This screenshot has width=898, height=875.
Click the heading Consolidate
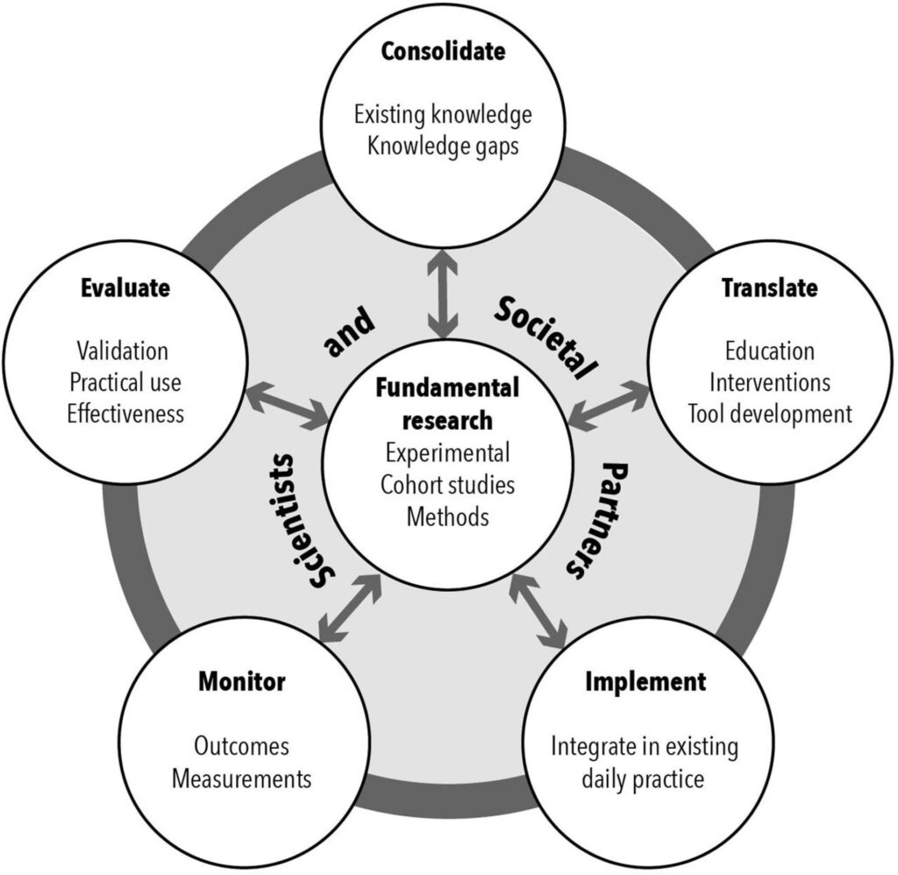pos(443,52)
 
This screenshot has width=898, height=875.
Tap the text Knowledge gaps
pos(443,145)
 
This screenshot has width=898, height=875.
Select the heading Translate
pos(769,288)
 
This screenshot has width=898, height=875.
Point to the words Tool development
pos(769,413)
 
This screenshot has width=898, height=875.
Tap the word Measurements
pos(241,778)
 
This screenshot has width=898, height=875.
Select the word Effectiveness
pos(125,413)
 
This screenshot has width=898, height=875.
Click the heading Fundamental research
pos(447,403)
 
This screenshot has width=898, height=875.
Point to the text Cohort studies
pos(447,485)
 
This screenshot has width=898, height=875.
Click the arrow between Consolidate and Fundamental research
pos(445,293)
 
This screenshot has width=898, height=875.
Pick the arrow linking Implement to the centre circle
pos(538,610)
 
